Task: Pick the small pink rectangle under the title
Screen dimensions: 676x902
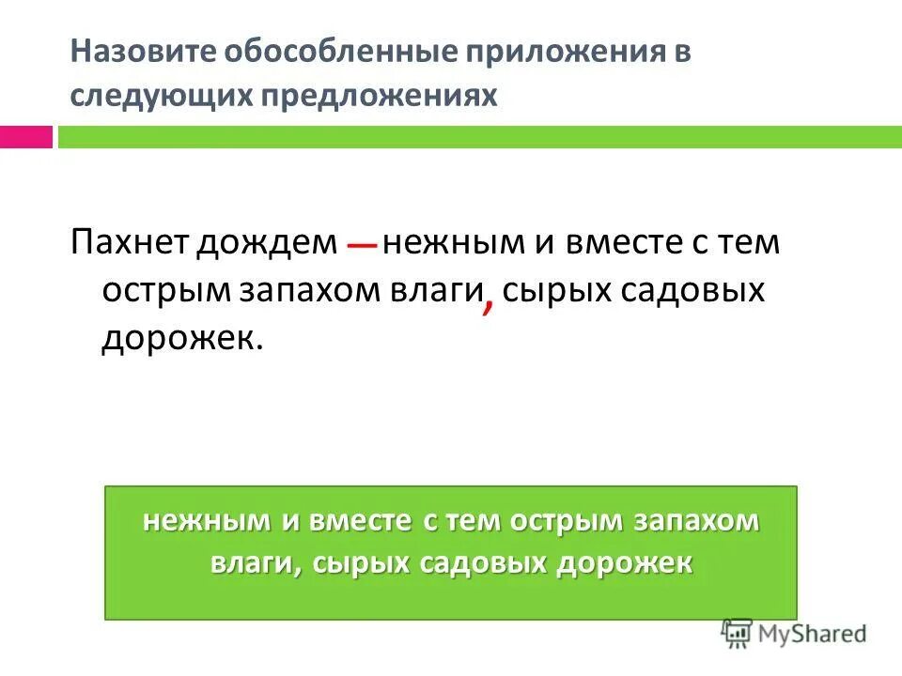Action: tap(25, 137)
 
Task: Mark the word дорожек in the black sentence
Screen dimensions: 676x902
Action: tap(176, 335)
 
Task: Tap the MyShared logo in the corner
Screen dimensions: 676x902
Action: tap(795, 634)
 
